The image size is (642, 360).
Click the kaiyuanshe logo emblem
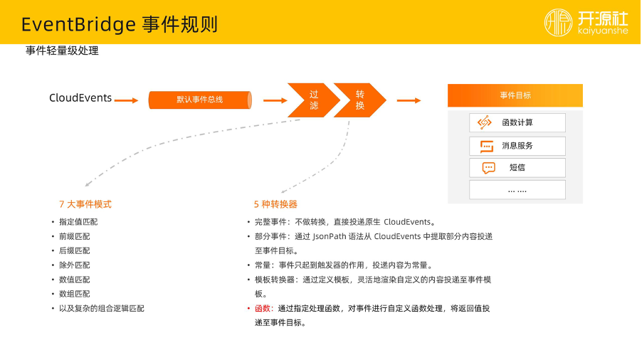coord(558,22)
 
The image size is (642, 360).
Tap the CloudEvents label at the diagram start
coord(80,98)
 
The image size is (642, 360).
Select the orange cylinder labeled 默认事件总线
coord(200,100)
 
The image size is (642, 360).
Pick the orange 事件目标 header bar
coord(515,95)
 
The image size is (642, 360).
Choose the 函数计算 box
coord(517,122)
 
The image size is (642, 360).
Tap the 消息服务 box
coord(517,146)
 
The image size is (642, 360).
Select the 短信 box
coord(517,168)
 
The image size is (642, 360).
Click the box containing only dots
coord(517,190)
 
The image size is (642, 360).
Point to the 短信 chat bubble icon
coord(488,168)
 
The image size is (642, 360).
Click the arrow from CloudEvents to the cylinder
coord(126,100)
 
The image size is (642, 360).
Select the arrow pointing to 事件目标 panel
coord(409,100)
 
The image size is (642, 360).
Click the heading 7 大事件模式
coord(85,204)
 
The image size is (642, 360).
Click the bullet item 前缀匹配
coord(75,236)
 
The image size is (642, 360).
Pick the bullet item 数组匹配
coord(75,294)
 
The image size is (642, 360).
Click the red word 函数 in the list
coord(263,309)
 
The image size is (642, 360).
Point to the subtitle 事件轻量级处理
coord(62,51)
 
